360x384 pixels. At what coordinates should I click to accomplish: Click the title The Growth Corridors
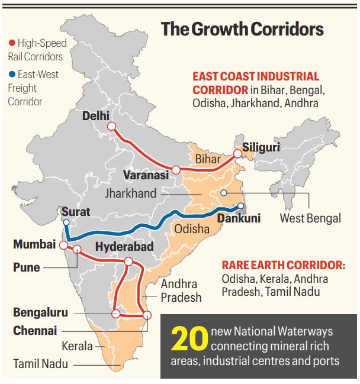pos(242,30)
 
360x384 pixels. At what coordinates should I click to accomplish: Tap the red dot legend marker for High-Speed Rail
pos(12,43)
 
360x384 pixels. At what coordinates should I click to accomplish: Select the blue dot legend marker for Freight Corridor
pos(12,75)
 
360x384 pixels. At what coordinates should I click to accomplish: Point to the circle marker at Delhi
pos(111,126)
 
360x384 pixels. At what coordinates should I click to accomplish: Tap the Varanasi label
pos(146,175)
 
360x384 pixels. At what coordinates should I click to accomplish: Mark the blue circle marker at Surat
pos(66,222)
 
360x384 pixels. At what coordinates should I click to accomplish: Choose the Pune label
pos(27,267)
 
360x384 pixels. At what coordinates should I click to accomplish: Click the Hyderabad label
pos(124,246)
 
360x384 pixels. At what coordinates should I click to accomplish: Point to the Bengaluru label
pos(40,312)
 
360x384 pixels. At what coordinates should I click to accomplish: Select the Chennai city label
pos(35,330)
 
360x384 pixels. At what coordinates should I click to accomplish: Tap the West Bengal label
pos(310,218)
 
